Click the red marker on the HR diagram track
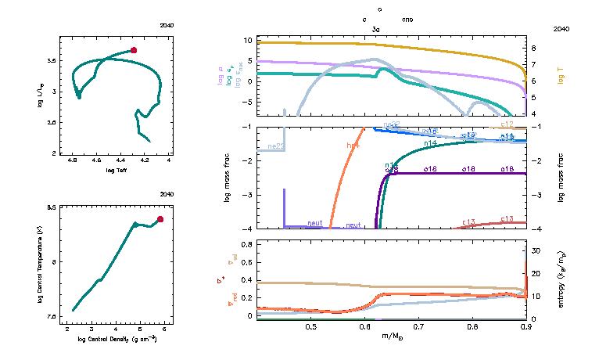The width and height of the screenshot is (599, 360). (x=134, y=50)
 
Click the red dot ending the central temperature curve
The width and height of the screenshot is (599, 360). (x=160, y=219)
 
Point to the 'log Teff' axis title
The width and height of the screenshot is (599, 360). (x=116, y=171)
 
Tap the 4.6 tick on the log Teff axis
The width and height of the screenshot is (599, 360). (x=97, y=162)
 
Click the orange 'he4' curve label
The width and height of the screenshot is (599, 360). (x=353, y=145)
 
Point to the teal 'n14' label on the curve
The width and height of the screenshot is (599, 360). (x=430, y=144)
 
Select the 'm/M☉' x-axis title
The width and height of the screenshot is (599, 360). (x=390, y=337)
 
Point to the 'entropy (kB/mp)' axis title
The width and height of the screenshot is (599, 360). (x=561, y=279)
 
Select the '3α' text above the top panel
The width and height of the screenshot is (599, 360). (x=375, y=27)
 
